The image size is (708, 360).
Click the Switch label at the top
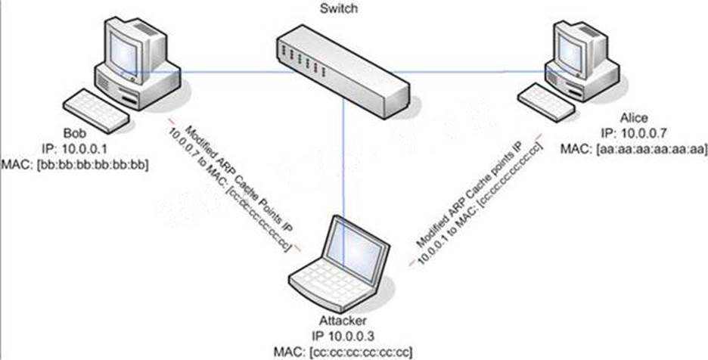(338, 8)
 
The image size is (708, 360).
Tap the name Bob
(74, 135)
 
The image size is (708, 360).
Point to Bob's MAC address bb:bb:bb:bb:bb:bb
(75, 166)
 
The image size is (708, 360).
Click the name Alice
(634, 118)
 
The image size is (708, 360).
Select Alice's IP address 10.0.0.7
(633, 133)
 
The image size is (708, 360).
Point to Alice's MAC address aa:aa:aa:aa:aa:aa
(634, 148)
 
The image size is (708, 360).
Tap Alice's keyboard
(546, 101)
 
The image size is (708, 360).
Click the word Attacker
(343, 321)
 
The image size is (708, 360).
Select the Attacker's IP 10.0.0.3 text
(343, 336)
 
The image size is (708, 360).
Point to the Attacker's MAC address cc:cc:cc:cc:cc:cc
(343, 351)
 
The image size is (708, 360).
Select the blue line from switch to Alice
(479, 71)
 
